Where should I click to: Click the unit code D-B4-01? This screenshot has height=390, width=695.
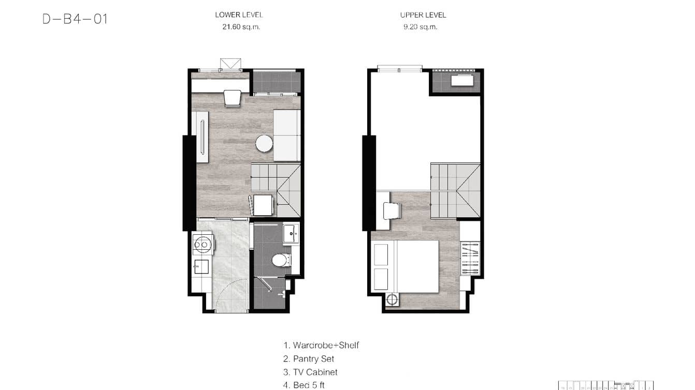click(75, 19)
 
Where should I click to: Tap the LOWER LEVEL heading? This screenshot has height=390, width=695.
click(239, 15)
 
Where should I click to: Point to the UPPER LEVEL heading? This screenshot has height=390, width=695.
click(423, 15)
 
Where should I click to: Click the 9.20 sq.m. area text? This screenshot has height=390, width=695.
click(420, 27)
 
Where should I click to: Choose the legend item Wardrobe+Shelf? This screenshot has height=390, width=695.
click(321, 345)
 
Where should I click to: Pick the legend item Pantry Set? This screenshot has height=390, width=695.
click(309, 358)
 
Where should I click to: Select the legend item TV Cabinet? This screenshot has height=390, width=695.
click(310, 372)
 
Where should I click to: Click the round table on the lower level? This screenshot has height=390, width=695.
click(264, 143)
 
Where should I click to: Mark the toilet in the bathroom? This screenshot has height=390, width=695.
click(280, 260)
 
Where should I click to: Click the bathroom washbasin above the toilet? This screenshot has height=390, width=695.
click(291, 233)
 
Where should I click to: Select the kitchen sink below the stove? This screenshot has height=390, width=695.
click(201, 266)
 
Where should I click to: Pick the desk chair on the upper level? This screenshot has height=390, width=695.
click(392, 211)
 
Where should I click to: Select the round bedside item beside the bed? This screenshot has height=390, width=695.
click(393, 299)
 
